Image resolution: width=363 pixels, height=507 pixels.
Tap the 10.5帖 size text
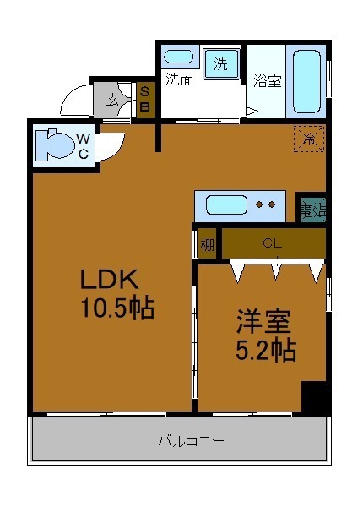coord(117,309)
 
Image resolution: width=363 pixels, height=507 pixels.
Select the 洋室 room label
coord(263,322)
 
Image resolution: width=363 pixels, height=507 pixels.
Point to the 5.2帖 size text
coord(265,349)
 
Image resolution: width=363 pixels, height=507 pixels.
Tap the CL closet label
coord(271,243)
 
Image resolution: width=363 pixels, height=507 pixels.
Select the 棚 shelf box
coord(207,245)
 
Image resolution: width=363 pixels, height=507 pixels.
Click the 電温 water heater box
coord(312,208)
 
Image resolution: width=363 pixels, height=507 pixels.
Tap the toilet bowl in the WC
coord(57,144)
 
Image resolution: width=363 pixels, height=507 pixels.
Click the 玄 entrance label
coord(112,99)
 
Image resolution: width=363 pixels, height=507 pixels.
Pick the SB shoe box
coord(144,99)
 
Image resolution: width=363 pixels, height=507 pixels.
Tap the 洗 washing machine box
coord(220,63)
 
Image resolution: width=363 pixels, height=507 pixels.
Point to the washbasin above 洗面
coord(178,57)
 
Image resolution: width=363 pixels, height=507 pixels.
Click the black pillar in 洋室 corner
coord(315,398)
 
